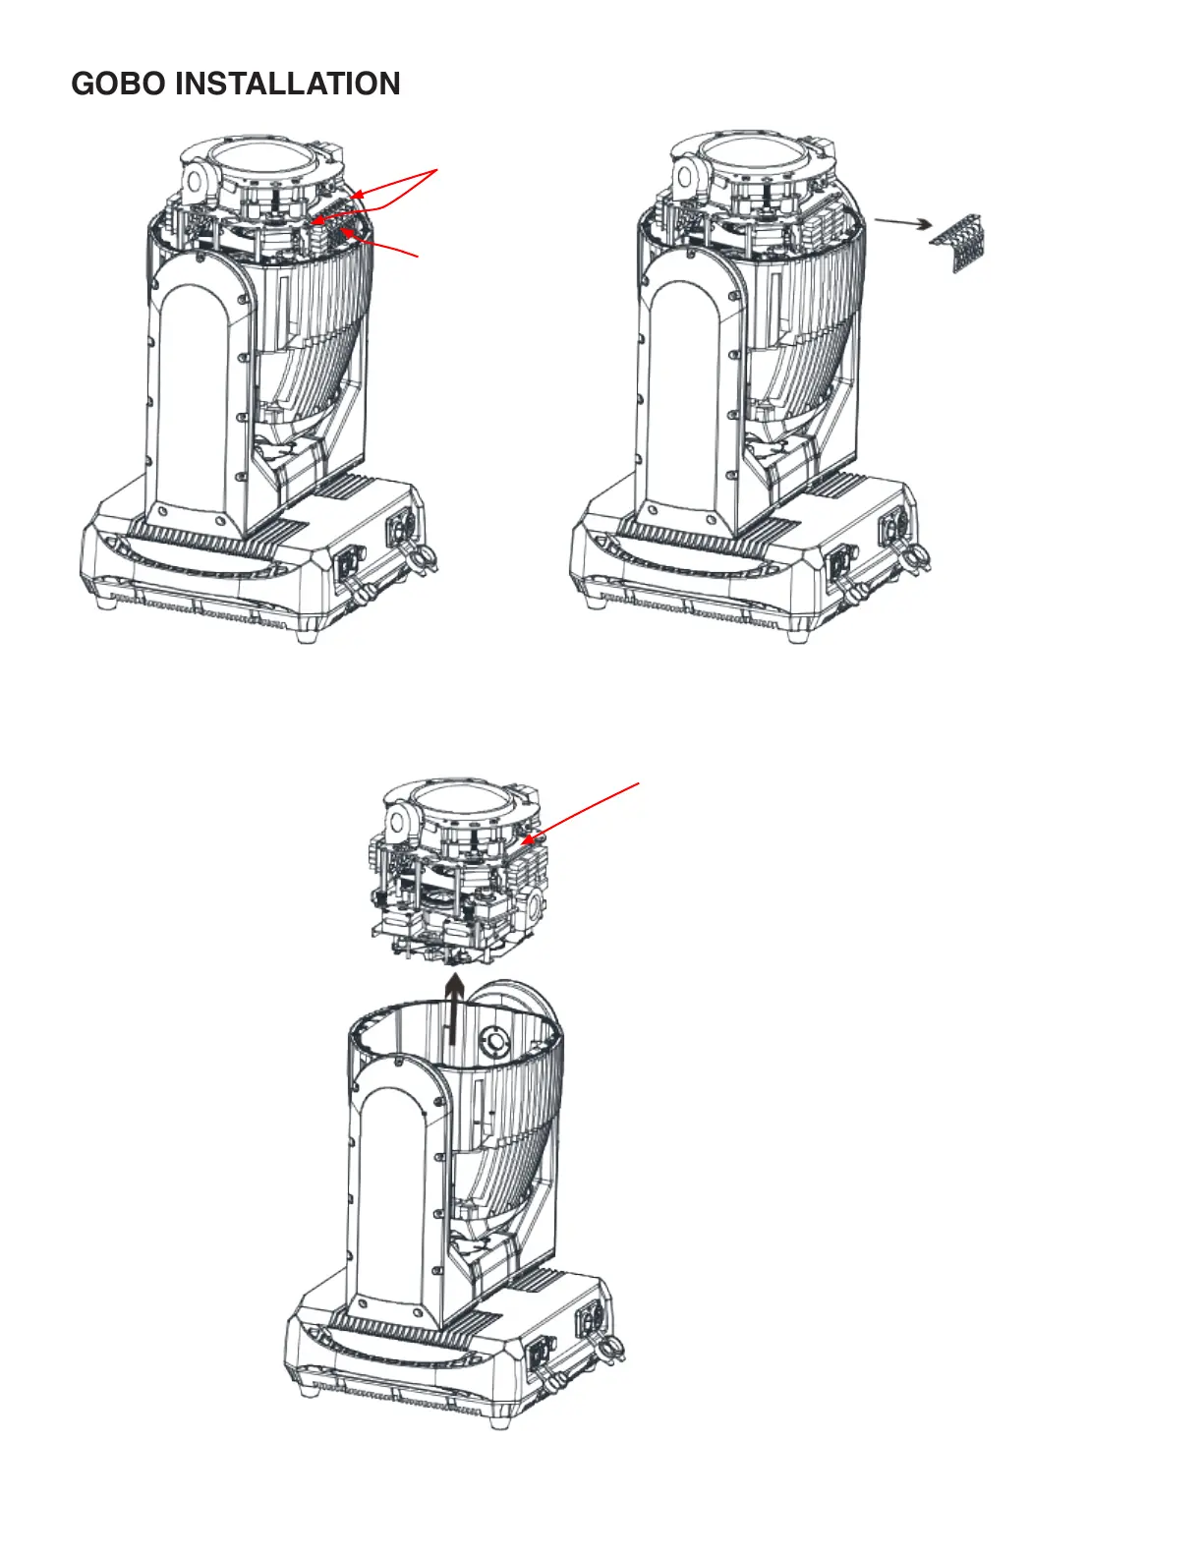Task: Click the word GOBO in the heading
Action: point(118,84)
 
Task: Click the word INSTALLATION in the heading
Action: point(288,84)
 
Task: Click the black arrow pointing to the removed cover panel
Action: point(903,223)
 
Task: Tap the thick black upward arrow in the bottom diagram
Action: point(453,1009)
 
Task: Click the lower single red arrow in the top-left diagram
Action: point(379,242)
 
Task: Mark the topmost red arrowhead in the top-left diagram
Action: point(359,195)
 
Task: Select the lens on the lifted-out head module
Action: point(460,804)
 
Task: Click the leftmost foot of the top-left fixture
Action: point(106,603)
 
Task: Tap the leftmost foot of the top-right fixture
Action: point(595,602)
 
